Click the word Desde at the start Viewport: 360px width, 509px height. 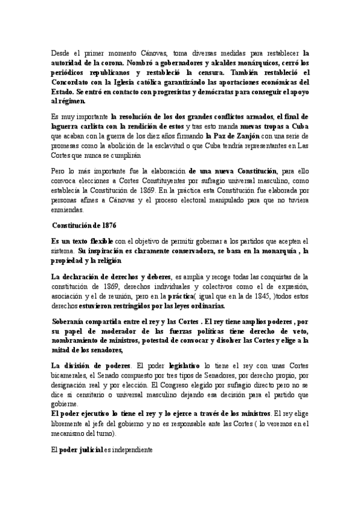tap(61, 53)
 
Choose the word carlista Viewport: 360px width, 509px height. tap(99, 126)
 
